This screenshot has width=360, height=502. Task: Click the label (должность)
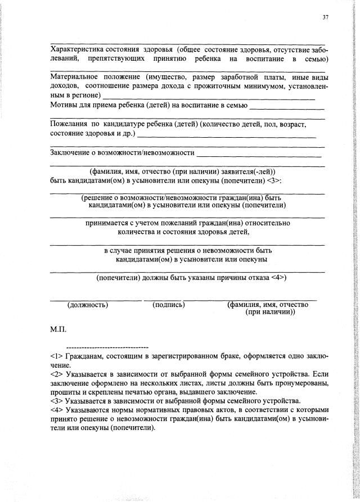point(88,305)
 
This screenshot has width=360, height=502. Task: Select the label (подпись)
point(168,305)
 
